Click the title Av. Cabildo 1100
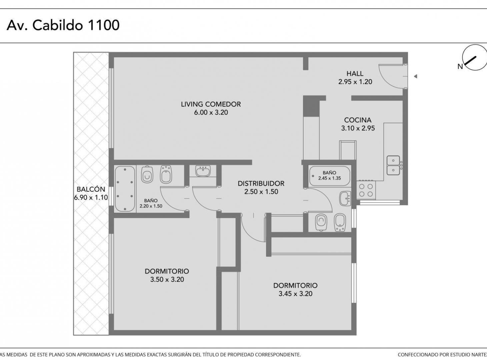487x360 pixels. tap(63, 25)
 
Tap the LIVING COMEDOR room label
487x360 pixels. tap(211, 104)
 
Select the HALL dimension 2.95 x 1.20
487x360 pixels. tap(355, 82)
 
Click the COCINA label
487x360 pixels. tap(358, 120)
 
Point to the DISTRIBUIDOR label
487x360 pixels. tap(261, 183)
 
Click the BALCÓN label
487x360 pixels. tap(91, 189)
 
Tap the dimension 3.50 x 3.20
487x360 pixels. tap(167, 279)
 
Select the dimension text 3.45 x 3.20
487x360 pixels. tap(295, 294)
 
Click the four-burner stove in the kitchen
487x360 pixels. tap(366, 190)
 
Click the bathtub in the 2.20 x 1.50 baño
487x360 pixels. tap(125, 189)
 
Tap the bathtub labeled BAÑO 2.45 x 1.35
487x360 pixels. tap(330, 176)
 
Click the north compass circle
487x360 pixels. tap(475, 58)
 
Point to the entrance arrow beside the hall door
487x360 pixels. tap(415, 76)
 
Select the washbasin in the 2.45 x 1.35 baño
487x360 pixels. tap(345, 198)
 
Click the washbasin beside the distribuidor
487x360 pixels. tap(203, 171)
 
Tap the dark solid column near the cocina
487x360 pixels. tap(311, 106)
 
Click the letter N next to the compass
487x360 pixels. tap(460, 67)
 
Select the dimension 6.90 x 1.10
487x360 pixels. tap(91, 197)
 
